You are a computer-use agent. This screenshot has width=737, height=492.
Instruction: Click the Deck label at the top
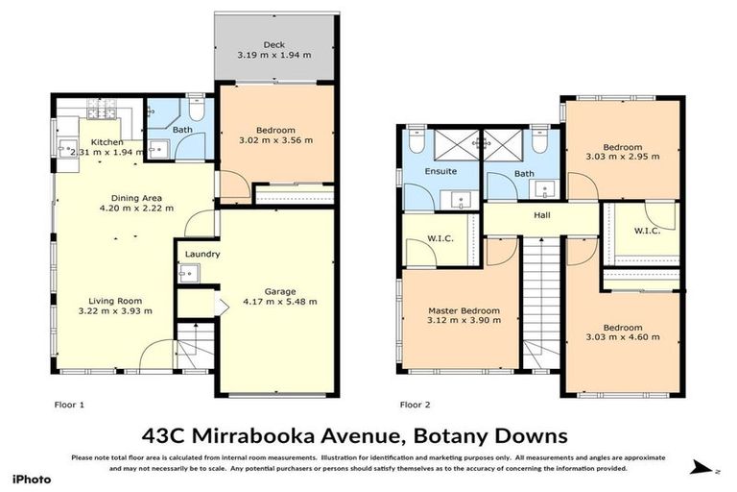point(274,44)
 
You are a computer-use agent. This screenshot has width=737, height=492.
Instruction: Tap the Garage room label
point(280,290)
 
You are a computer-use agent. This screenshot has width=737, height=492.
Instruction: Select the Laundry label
point(203,255)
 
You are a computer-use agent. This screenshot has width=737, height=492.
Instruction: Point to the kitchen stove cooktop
point(102,110)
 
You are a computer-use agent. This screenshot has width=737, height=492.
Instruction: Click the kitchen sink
point(67,148)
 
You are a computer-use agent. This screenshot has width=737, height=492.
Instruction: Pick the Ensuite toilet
point(414,140)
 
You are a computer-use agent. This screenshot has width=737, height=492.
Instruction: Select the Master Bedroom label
point(464,310)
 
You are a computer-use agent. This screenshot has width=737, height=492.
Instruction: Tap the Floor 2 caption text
point(416,405)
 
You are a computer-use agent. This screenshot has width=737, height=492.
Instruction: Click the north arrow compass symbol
point(703,468)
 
